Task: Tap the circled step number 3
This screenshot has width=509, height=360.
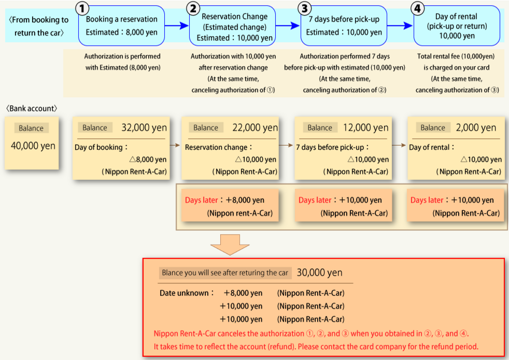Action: coord(305,8)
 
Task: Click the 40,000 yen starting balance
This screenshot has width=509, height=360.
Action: coord(33,146)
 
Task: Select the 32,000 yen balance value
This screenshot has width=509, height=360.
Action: coord(144,127)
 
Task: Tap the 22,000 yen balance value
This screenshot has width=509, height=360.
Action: coord(256,127)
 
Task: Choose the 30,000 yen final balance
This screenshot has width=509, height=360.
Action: coord(320,272)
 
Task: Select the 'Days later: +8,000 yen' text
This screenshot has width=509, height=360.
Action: coord(224,200)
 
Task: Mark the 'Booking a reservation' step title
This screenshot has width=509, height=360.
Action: coord(122,19)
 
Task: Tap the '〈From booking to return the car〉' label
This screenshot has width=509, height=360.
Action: coord(38,26)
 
